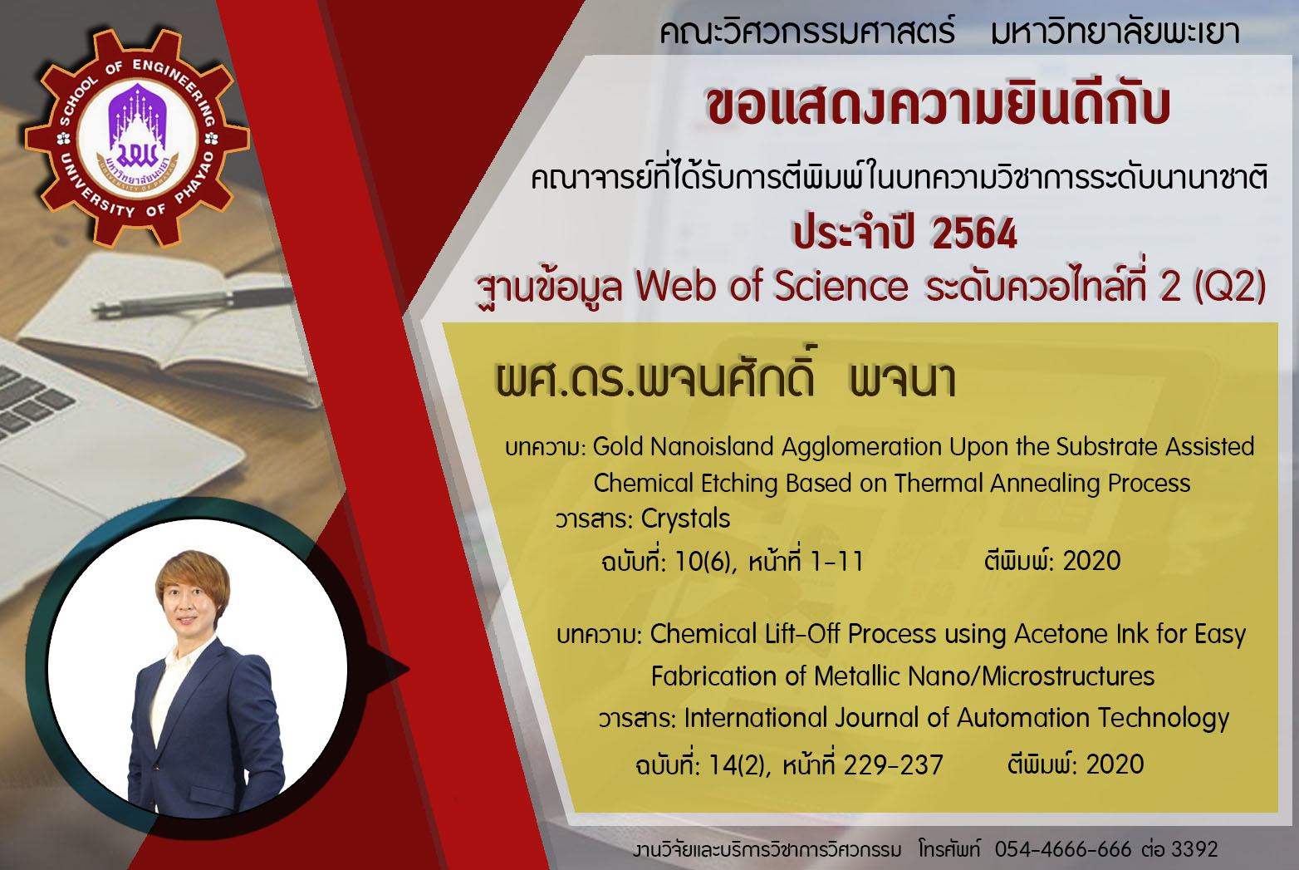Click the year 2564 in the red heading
tap(974, 233)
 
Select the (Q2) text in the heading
tap(1230, 288)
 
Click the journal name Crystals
tap(685, 519)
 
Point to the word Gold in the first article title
tap(618, 446)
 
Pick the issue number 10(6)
tap(703, 562)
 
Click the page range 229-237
tap(893, 765)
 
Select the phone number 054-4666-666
tap(1063, 849)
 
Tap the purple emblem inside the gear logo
tap(137, 129)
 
